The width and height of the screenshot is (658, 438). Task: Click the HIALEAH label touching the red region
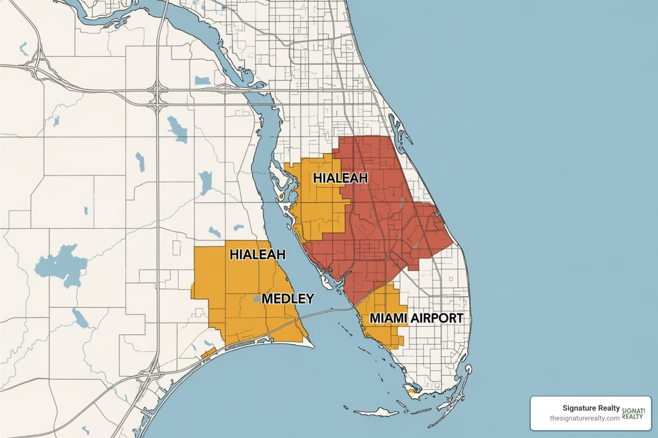pos(341,178)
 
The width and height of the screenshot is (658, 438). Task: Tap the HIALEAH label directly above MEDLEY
pos(257,254)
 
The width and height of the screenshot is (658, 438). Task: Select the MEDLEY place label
pos(287,298)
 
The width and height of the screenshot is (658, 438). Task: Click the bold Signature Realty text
pos(591,408)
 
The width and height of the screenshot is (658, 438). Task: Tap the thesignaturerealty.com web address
pos(584,418)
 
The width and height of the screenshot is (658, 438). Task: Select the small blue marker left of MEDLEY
pos(257,299)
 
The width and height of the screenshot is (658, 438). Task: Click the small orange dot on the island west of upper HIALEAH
pos(281,195)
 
